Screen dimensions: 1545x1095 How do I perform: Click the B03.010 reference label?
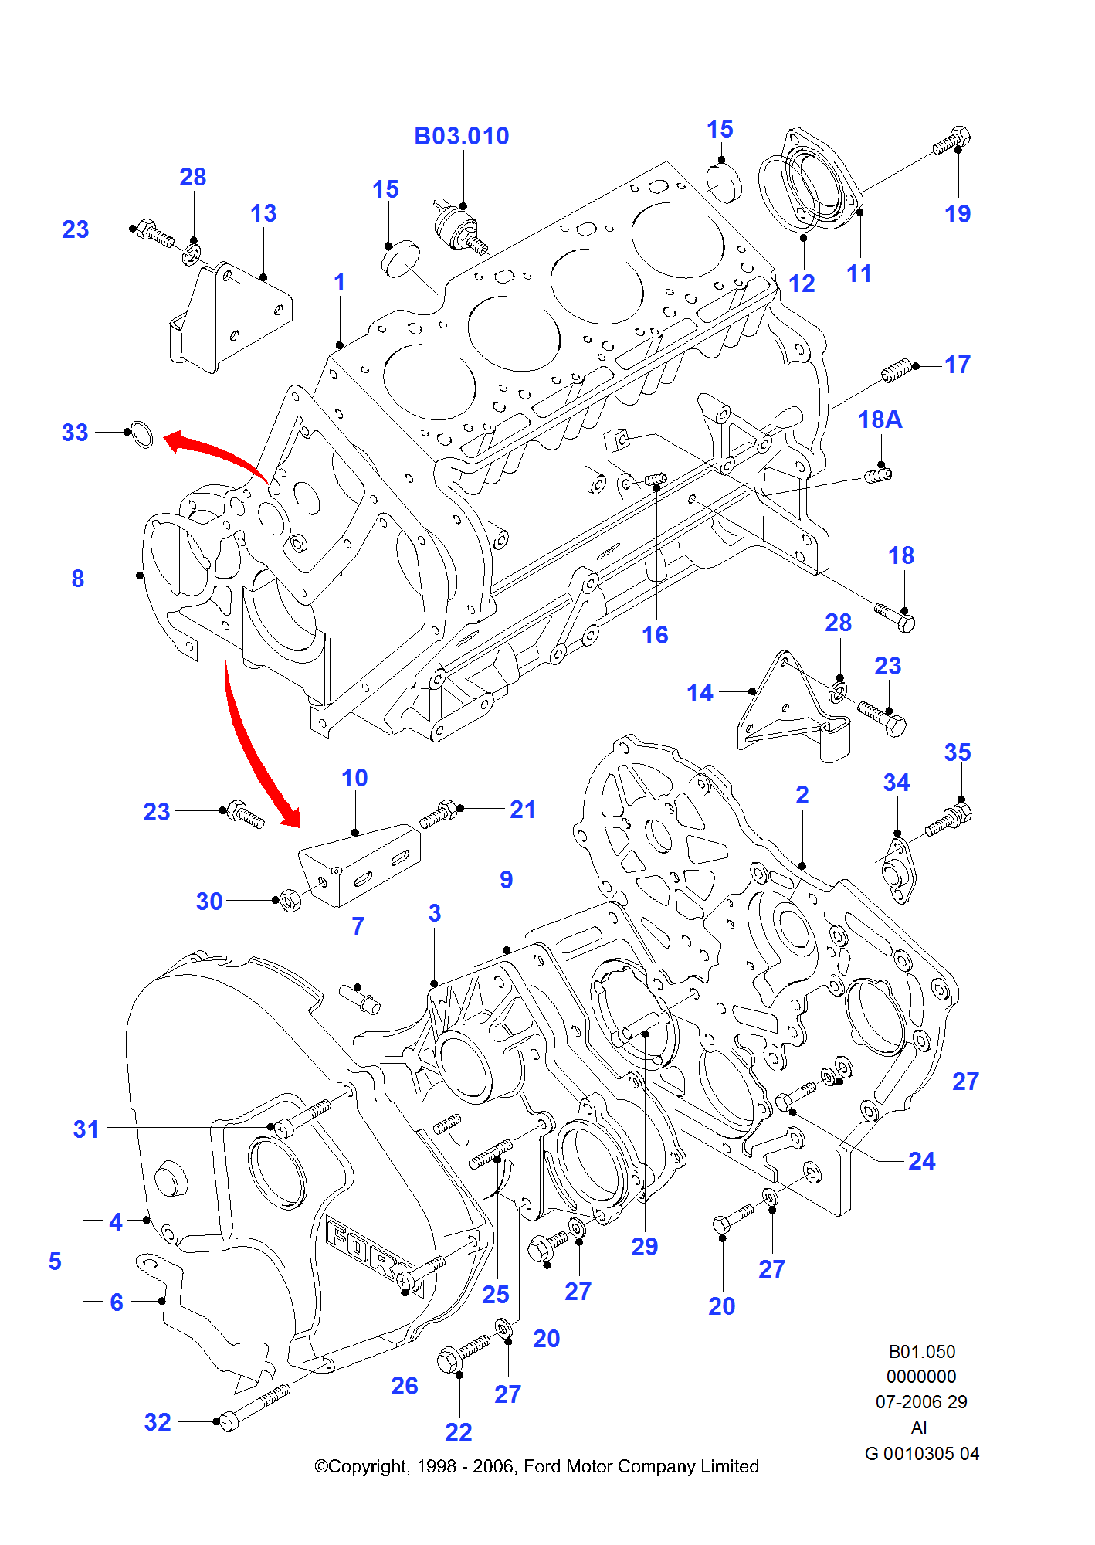point(462,136)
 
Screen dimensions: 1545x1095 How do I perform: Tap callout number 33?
point(75,433)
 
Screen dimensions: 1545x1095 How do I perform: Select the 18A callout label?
point(880,419)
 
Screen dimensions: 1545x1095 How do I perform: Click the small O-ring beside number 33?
point(141,434)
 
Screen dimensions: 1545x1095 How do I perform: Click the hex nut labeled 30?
point(290,901)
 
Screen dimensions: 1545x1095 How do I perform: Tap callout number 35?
point(958,752)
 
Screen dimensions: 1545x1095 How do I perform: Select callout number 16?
point(655,635)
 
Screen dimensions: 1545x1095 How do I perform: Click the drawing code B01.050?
point(921,1351)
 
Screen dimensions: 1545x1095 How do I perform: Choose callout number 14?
point(700,693)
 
